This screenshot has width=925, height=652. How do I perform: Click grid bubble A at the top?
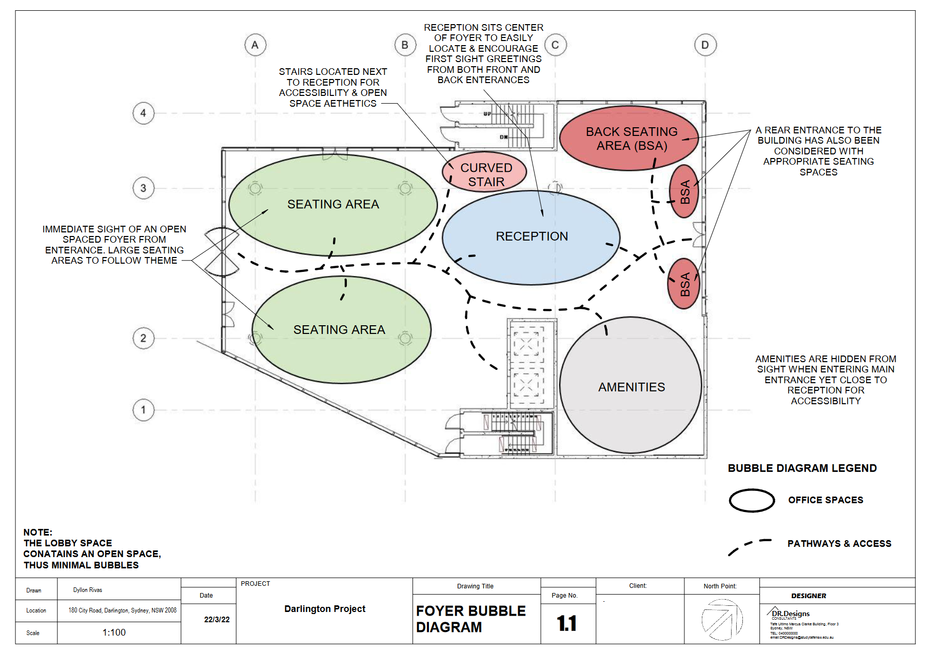255,45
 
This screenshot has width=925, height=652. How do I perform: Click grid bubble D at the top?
705,45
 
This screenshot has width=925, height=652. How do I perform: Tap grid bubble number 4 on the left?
143,113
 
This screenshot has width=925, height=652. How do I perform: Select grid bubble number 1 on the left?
143,410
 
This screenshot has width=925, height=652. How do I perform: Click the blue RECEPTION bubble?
531,238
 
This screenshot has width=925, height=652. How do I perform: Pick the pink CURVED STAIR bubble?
484,172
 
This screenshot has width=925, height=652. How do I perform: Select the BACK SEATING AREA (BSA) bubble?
629,138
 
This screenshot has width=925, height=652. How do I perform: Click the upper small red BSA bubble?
684,191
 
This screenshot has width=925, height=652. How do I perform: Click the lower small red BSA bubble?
684,284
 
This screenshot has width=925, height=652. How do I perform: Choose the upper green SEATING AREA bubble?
332,205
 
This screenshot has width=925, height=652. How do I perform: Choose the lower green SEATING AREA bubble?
341,330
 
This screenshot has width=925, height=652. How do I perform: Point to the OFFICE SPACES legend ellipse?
752,500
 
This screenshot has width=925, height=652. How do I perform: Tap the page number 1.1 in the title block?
567,623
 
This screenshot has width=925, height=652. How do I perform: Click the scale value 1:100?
114,633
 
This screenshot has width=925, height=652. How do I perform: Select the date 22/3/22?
217,620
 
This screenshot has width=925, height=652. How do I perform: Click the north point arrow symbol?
721,619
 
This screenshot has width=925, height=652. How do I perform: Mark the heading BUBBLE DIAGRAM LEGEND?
802,468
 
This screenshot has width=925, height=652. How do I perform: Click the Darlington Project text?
325,609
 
